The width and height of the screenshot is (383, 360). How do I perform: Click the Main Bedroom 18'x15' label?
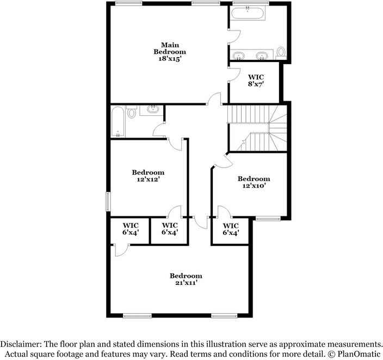[x=170, y=52]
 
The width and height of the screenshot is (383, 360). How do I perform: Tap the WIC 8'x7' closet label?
[x=256, y=80]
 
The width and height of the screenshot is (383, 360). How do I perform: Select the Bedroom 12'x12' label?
[x=148, y=176]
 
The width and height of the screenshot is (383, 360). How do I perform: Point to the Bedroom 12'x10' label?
[x=254, y=182]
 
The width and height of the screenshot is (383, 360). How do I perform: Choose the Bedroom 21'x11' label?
[x=186, y=279]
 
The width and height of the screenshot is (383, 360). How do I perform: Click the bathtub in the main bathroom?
[x=248, y=13]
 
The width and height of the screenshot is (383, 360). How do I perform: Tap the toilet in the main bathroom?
[x=281, y=53]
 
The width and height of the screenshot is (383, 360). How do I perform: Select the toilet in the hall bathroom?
[x=132, y=111]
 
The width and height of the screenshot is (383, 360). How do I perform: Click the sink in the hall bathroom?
[x=153, y=109]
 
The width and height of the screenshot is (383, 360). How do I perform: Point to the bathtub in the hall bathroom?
[x=118, y=122]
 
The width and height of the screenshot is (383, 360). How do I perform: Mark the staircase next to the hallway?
[x=257, y=128]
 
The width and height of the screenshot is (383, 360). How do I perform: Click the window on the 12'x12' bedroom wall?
[x=108, y=202]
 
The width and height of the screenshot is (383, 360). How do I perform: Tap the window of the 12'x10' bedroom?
[x=268, y=219]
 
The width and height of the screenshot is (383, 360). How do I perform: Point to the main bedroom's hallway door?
[x=214, y=99]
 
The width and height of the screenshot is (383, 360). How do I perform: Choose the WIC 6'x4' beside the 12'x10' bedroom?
[x=231, y=229]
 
